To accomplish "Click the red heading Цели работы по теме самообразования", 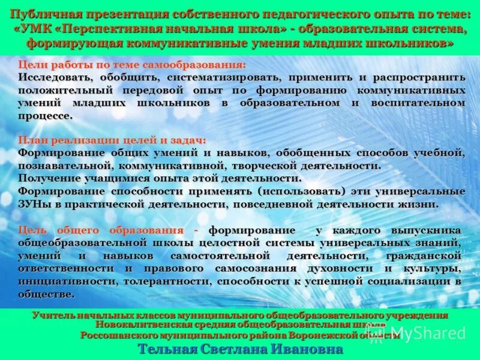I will point(131,65).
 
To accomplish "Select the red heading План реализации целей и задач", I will point(112,140).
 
